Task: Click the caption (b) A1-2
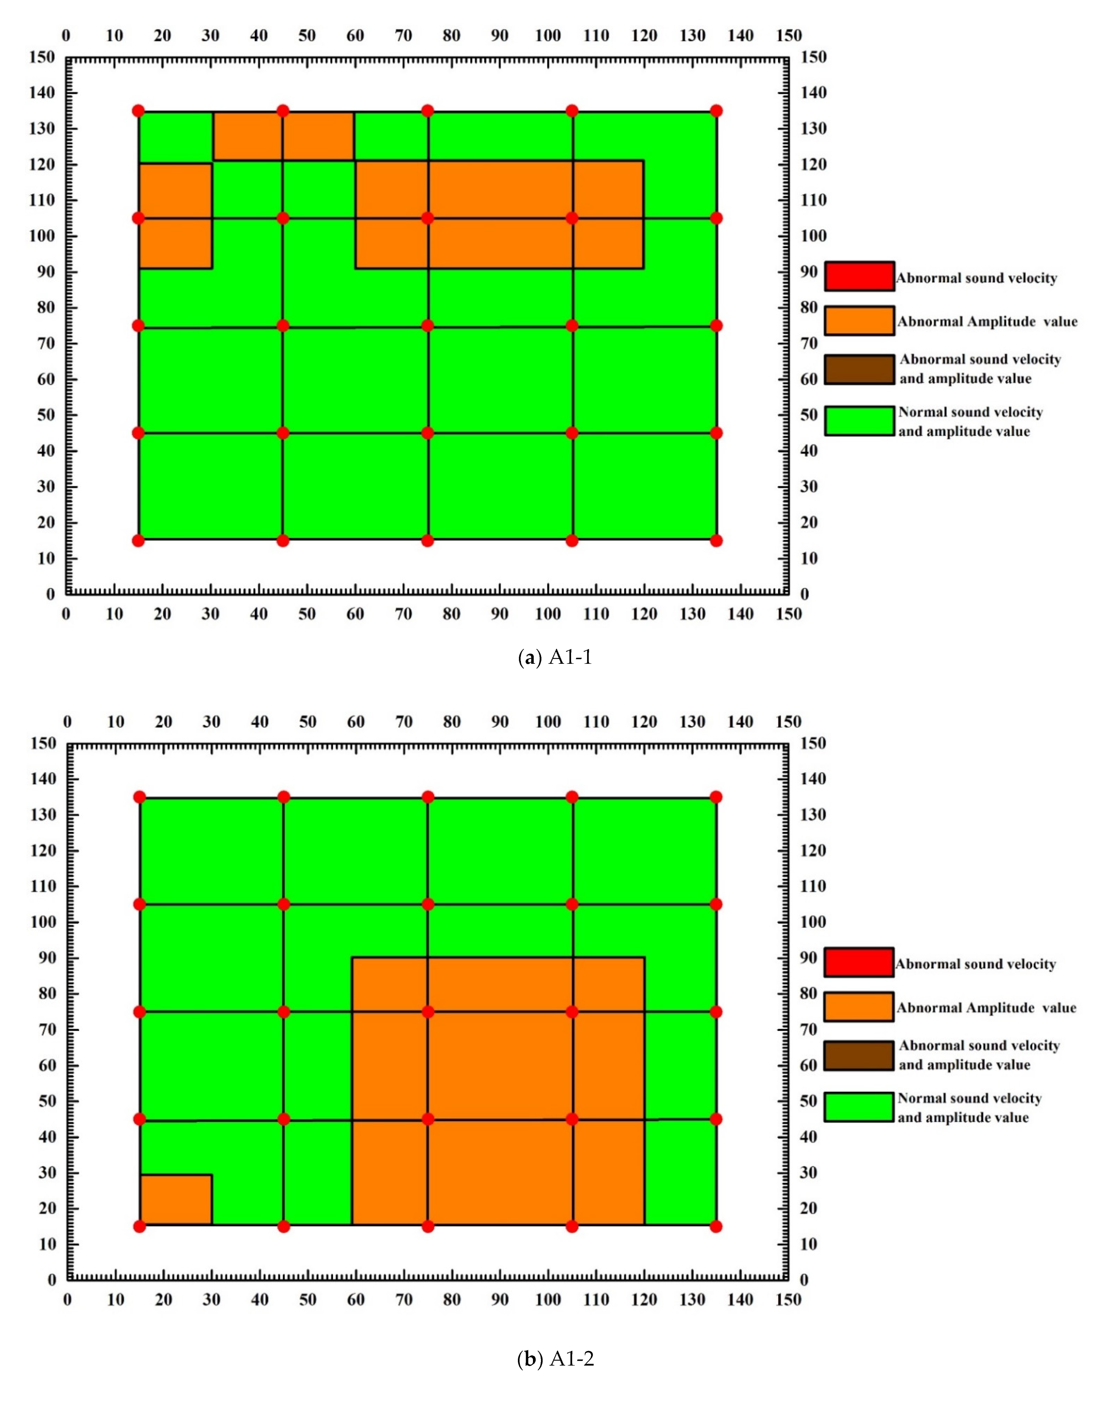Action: click(555, 1359)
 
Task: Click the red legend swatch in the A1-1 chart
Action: click(859, 276)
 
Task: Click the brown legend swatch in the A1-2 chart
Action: click(858, 1056)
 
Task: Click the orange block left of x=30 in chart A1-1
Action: click(175, 215)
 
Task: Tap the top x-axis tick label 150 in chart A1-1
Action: click(789, 35)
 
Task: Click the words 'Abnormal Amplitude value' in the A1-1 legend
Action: click(987, 321)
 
